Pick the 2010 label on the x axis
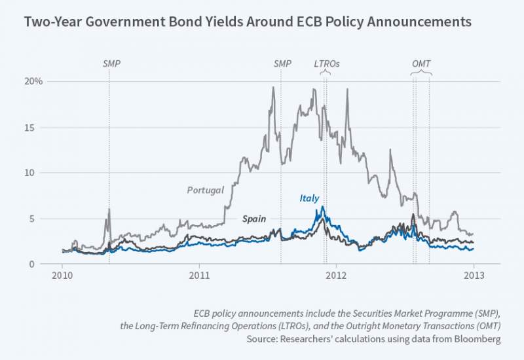pyautogui.click(x=62, y=276)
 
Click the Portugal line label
pyautogui.click(x=206, y=190)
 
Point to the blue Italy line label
pyautogui.click(x=310, y=198)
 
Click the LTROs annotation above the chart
pyautogui.click(x=326, y=64)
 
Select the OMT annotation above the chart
pyautogui.click(x=421, y=64)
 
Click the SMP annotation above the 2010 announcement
pyautogui.click(x=112, y=64)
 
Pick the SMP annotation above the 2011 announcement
pyautogui.click(x=282, y=64)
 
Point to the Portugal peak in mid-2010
pyautogui.click(x=109, y=209)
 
